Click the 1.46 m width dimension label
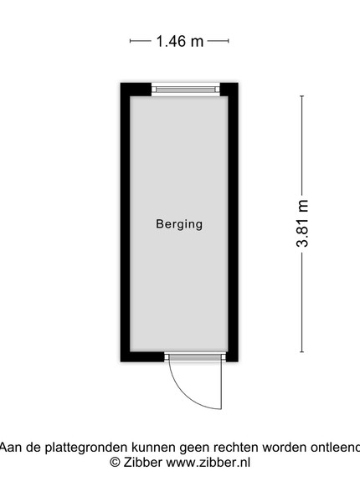click(x=180, y=41)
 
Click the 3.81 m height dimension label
click(x=302, y=223)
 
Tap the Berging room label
click(x=179, y=224)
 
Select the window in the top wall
click(x=186, y=89)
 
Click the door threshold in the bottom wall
click(x=195, y=356)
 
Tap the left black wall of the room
click(x=125, y=223)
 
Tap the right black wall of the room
click(x=234, y=223)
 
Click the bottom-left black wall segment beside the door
click(x=142, y=356)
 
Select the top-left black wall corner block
click(x=136, y=90)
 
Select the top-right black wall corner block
click(x=229, y=90)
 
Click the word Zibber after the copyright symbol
click(x=143, y=463)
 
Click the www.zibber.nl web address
click(x=208, y=463)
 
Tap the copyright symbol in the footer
click(x=115, y=463)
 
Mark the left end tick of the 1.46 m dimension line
click(x=130, y=41)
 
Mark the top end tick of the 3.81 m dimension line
click(x=301, y=95)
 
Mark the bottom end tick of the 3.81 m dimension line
click(x=301, y=352)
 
